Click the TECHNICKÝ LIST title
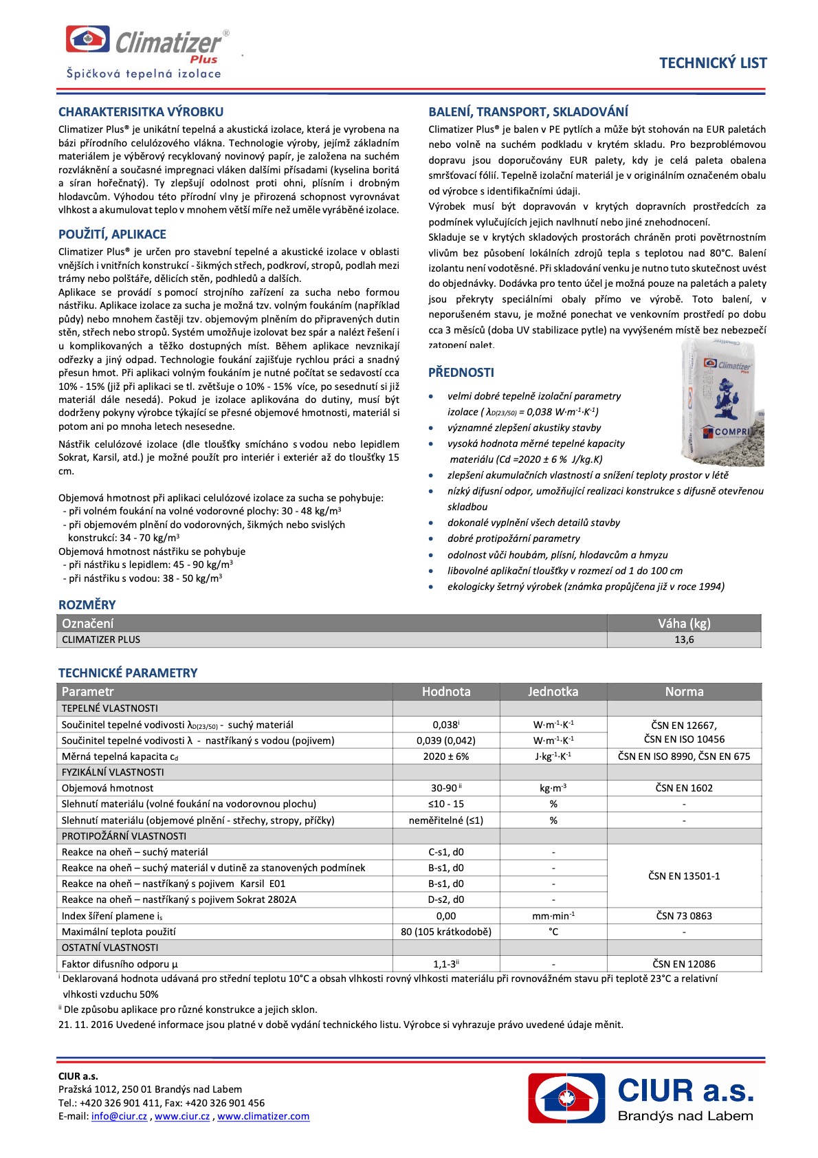tap(713, 63)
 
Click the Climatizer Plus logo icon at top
tap(87, 39)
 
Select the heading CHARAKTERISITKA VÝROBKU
tap(141, 112)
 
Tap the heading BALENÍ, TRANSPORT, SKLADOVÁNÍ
tap(528, 112)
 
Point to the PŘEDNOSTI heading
tap(461, 373)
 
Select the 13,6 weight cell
tap(684, 640)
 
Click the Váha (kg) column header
tap(684, 624)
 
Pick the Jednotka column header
tap(553, 692)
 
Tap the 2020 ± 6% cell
tap(446, 756)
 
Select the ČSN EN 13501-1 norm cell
tap(684, 876)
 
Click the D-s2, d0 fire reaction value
tap(446, 899)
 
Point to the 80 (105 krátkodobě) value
tap(446, 932)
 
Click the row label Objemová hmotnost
tap(108, 788)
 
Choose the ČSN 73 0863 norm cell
tap(684, 916)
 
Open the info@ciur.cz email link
tap(119, 1116)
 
